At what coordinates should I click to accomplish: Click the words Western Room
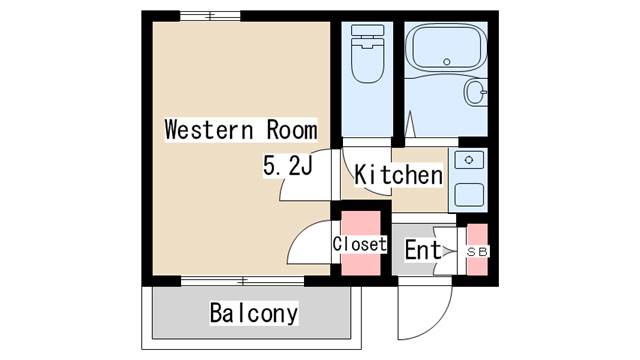(240, 130)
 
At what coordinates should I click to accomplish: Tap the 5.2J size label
(288, 167)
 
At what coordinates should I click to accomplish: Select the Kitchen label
(399, 176)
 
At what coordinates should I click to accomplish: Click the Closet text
(359, 244)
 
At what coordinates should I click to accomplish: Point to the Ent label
(422, 251)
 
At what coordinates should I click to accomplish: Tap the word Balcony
(253, 313)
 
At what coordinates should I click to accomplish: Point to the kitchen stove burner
(468, 159)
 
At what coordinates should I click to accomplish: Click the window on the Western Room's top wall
(210, 16)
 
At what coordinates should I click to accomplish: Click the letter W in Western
(171, 130)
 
